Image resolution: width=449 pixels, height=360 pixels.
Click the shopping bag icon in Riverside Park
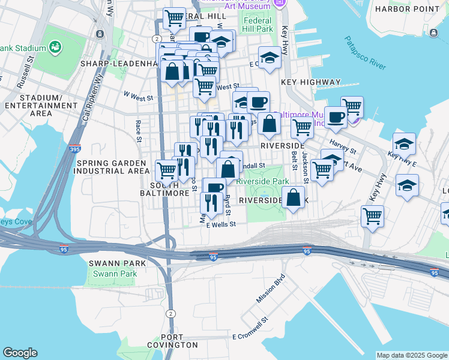(293, 199)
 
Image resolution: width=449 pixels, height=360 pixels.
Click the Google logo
(20, 353)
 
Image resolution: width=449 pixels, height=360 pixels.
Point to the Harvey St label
(343, 147)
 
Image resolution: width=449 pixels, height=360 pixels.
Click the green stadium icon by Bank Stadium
(55, 46)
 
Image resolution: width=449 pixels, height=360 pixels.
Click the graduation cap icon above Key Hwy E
(404, 144)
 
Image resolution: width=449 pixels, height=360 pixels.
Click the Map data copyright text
(411, 355)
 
